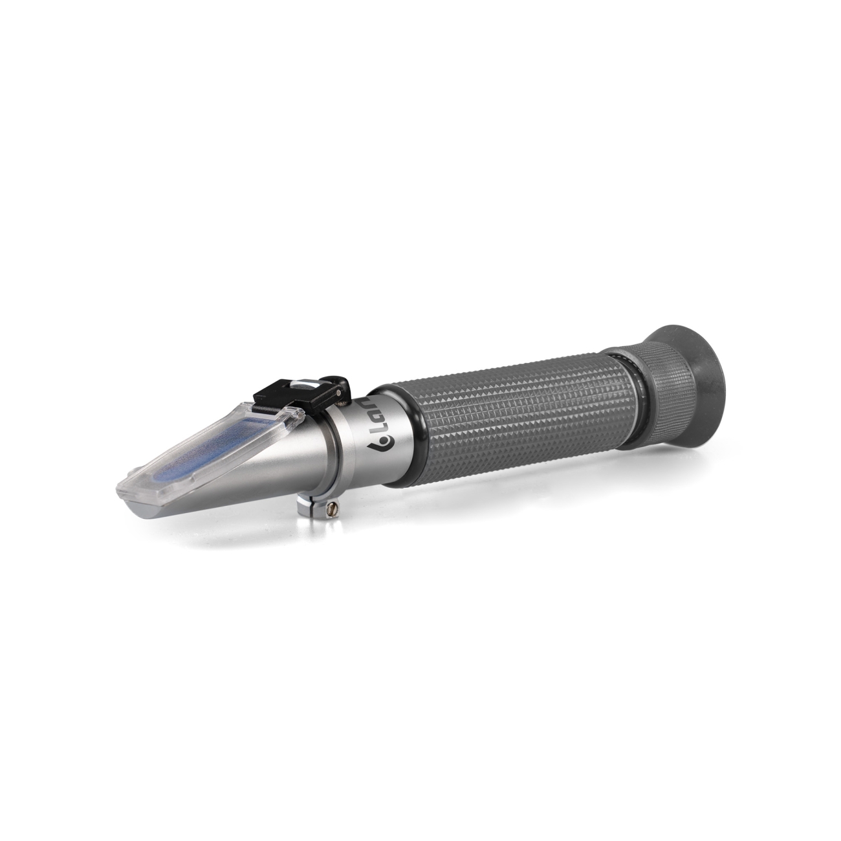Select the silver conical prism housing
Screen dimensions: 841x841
point(259,466)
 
